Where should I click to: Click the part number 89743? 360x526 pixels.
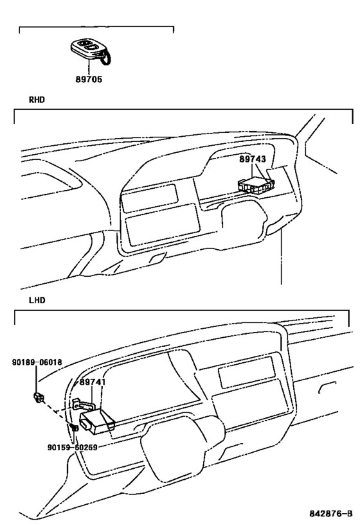253,159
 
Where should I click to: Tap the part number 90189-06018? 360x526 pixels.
37,362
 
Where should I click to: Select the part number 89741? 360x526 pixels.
93,381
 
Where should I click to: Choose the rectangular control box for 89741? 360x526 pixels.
97,419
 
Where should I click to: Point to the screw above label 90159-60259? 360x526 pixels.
75,426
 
